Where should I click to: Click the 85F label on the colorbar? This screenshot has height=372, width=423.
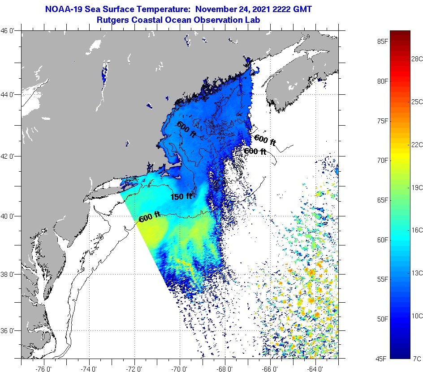click(x=382, y=42)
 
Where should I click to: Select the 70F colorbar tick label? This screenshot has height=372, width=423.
click(x=382, y=160)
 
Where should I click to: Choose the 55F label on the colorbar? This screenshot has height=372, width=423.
click(x=382, y=279)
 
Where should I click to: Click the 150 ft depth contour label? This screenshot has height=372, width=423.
click(x=181, y=196)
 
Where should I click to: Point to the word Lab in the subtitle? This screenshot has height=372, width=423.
click(x=252, y=20)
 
